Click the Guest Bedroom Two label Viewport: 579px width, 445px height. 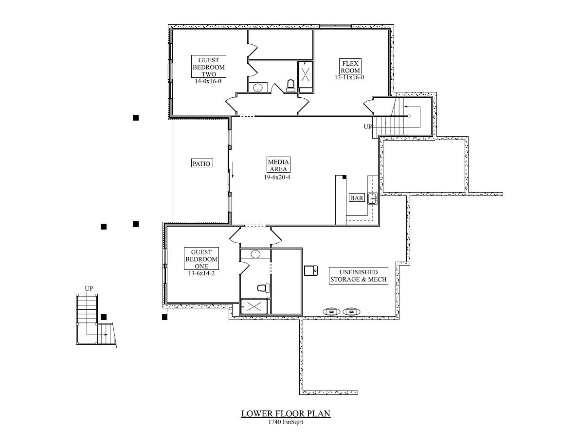208,67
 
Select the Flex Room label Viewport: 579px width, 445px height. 350,66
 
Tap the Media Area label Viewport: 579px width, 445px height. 278,165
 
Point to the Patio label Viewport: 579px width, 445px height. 201,164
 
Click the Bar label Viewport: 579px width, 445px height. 357,198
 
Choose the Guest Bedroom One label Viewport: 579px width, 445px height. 201,259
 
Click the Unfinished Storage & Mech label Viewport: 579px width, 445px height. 358,276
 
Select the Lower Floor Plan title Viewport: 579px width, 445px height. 286,414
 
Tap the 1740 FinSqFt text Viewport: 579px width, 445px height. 286,422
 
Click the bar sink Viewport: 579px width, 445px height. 373,198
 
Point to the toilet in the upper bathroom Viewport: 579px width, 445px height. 291,86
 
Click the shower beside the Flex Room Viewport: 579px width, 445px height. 306,74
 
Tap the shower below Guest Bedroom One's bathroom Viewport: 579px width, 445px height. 253,306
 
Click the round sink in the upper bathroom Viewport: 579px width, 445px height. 258,88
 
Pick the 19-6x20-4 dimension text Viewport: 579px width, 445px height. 278,177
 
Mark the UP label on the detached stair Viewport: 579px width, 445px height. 89,288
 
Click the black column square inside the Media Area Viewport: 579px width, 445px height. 344,178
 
